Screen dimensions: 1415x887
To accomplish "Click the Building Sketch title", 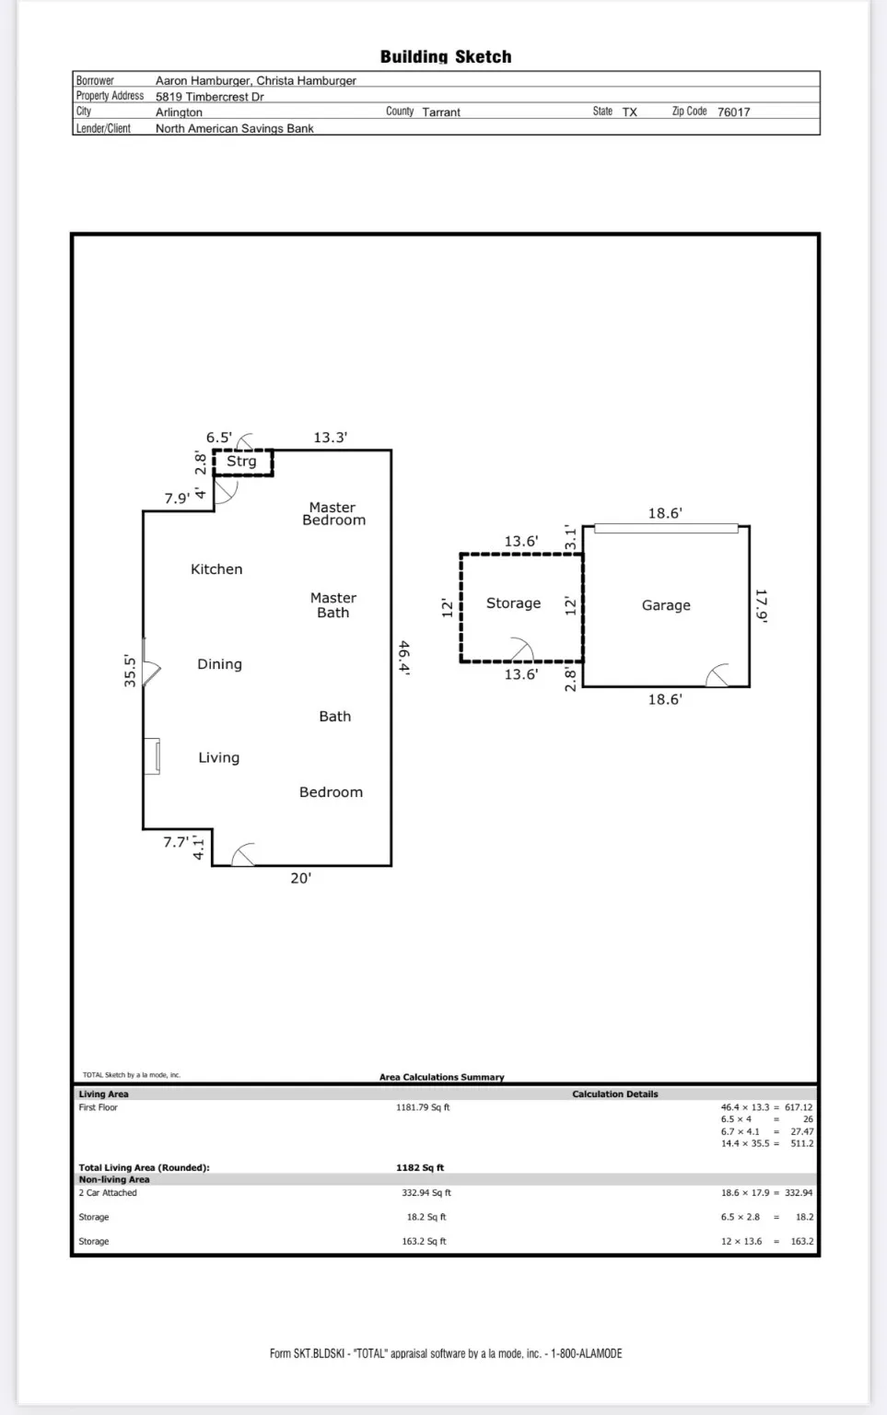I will click(x=446, y=57).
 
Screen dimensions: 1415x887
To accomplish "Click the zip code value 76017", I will click(x=733, y=112).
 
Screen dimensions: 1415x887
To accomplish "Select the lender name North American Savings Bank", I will click(x=234, y=129).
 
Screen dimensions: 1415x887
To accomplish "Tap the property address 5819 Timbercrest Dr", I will click(x=209, y=97).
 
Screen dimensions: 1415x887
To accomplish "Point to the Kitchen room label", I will click(x=216, y=569).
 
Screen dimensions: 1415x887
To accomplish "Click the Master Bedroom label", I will click(x=333, y=514).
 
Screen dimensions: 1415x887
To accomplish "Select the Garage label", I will click(x=666, y=605).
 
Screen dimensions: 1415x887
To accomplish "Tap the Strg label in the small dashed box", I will click(x=241, y=462).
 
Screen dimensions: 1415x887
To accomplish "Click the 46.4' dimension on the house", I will click(x=403, y=658).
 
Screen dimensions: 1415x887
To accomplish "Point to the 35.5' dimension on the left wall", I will click(x=130, y=671).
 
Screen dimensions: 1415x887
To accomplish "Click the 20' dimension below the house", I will click(x=300, y=879).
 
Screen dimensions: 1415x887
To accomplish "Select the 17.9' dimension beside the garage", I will click(x=761, y=605).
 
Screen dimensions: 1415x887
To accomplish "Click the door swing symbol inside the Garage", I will click(x=718, y=675).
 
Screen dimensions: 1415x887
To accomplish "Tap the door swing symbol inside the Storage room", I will click(x=521, y=649).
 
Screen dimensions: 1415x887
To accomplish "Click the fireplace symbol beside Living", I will click(x=152, y=756).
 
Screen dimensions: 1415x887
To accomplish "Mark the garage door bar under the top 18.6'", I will click(x=666, y=529).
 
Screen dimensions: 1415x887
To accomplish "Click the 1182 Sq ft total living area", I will click(x=420, y=1168).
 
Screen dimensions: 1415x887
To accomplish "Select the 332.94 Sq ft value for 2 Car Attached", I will click(x=426, y=1193).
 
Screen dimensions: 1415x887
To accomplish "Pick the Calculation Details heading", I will click(x=614, y=1094).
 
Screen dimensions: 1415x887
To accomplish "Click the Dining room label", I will click(x=219, y=664).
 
